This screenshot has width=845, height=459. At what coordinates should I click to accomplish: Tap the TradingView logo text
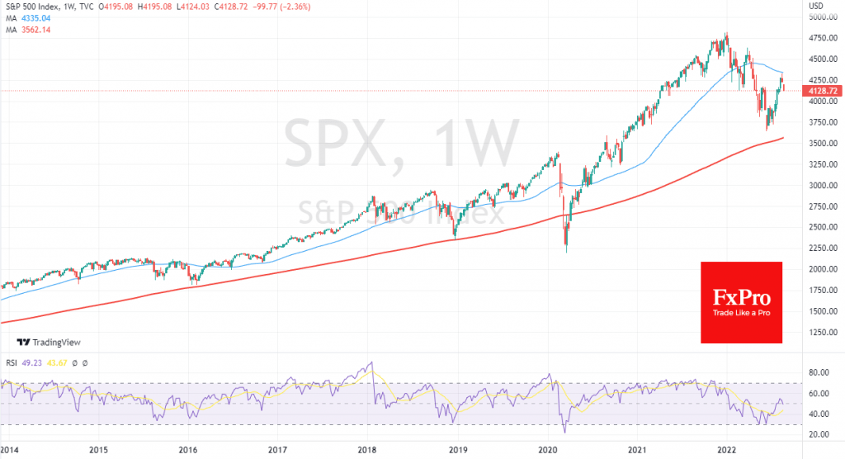click(x=55, y=343)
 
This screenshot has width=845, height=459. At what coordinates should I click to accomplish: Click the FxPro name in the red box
click(x=741, y=296)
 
